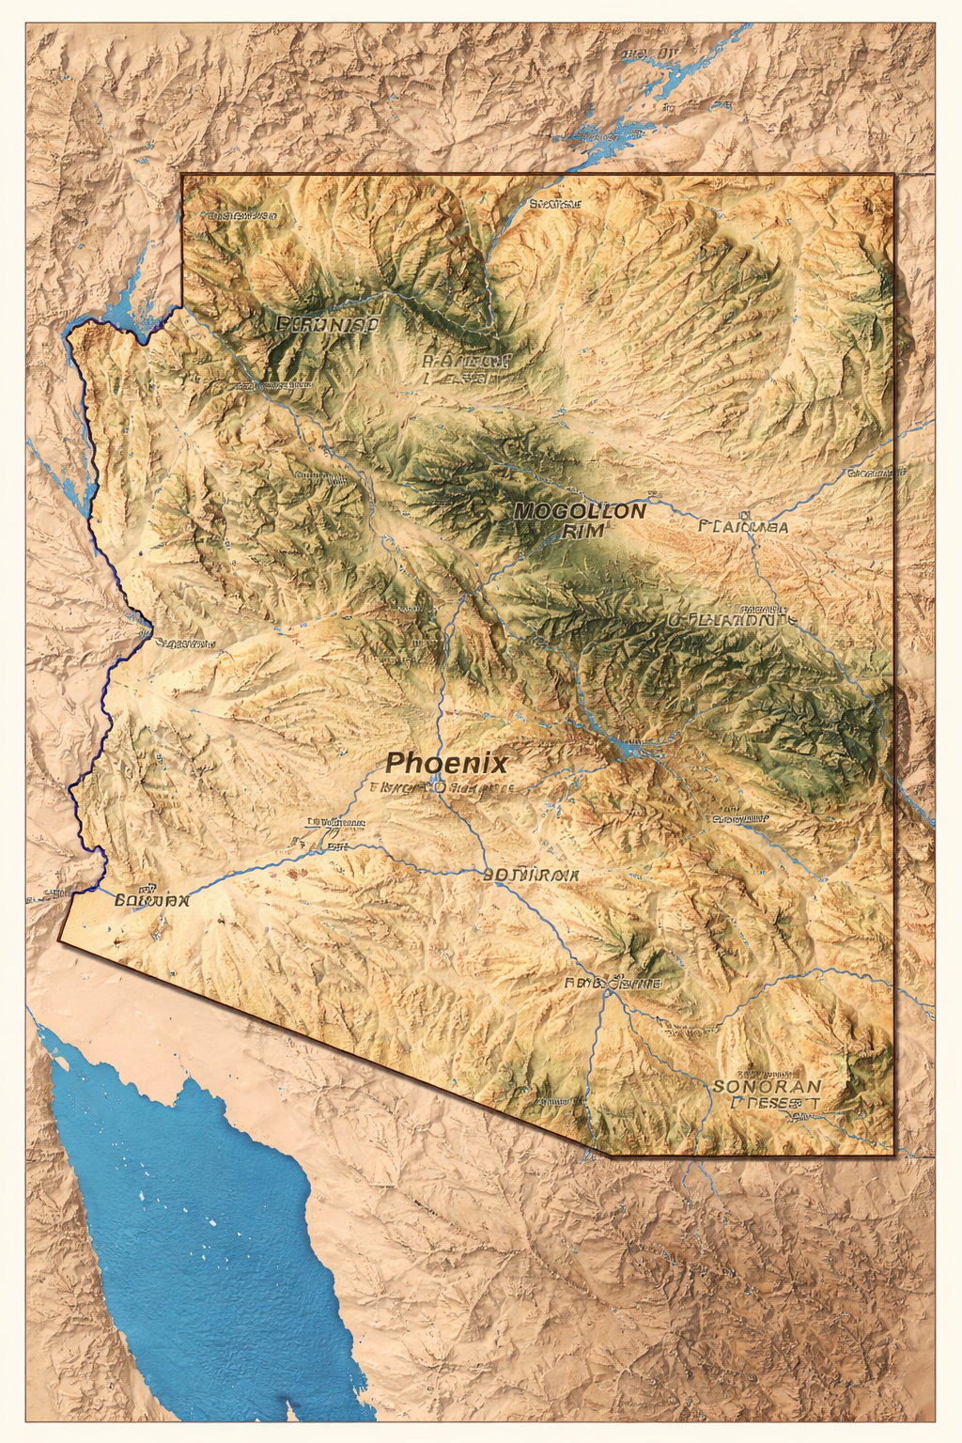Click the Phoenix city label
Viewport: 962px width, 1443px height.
point(447,762)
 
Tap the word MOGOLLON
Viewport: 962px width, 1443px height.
point(581,511)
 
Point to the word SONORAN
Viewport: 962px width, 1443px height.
point(767,1086)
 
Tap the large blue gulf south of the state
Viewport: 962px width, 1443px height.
point(188,1221)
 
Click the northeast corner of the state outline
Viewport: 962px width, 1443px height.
point(893,176)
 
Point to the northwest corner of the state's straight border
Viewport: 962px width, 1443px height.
point(182,175)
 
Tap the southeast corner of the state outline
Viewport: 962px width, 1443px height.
point(893,1154)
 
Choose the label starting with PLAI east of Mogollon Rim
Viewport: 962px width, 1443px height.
point(743,527)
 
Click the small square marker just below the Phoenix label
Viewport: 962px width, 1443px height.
point(435,786)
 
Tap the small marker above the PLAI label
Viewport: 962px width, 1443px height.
point(743,514)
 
